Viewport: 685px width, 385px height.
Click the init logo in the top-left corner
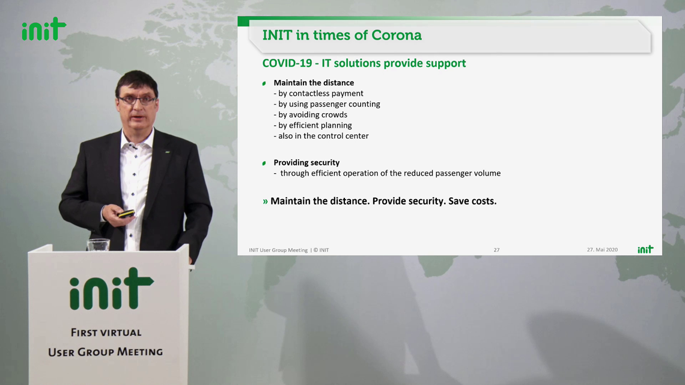tap(44, 29)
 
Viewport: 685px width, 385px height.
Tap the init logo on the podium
tap(111, 289)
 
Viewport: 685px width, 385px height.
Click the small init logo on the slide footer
tap(645, 249)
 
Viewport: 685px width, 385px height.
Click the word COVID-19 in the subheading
tap(287, 63)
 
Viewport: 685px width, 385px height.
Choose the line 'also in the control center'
tap(321, 135)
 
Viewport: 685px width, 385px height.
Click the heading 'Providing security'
tap(306, 162)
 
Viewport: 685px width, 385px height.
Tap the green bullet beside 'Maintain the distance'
tap(264, 83)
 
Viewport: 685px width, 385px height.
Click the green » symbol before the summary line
tap(265, 202)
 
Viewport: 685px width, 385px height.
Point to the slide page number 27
tap(497, 250)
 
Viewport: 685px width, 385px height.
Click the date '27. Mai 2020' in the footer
tap(603, 250)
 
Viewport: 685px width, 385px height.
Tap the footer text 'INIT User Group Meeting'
tap(278, 250)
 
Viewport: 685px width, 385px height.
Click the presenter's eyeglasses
tap(137, 100)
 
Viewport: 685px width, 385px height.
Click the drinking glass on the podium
tap(98, 245)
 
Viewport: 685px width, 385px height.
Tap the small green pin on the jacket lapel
tap(167, 152)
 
